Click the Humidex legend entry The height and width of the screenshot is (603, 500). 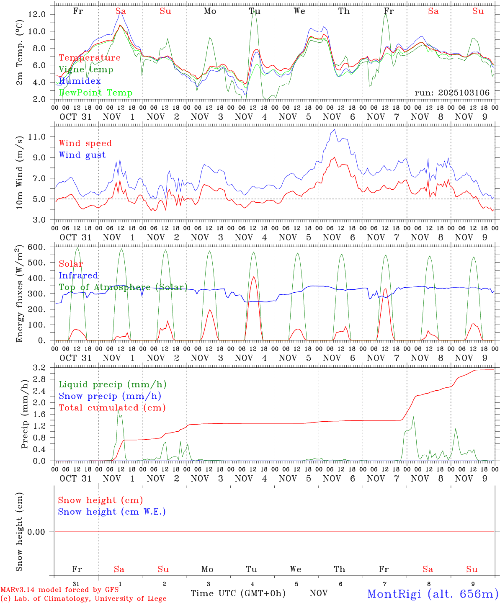[x=80, y=81]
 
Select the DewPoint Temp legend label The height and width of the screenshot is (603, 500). [x=95, y=93]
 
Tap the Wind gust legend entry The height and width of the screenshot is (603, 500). [x=82, y=155]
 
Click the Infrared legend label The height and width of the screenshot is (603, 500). [x=78, y=276]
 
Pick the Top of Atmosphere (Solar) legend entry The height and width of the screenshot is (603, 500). [x=123, y=287]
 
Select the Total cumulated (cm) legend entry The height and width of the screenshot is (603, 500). [x=112, y=407]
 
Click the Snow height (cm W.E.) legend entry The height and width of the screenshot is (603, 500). [x=112, y=512]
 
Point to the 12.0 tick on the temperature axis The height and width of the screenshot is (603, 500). [x=36, y=14]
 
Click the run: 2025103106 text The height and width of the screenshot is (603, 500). [x=452, y=93]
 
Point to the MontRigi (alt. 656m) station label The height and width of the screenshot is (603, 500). [x=433, y=593]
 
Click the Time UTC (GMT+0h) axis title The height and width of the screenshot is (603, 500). [x=238, y=593]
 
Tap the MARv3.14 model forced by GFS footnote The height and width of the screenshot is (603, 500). [x=59, y=590]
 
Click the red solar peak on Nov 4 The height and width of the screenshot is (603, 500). [x=253, y=277]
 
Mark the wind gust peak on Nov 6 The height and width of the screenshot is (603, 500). [x=334, y=129]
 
